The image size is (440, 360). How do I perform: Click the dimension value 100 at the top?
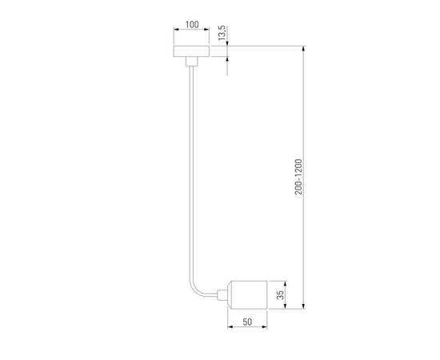pyautogui.click(x=191, y=25)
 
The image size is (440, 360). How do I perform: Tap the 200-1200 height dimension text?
pyautogui.click(x=298, y=177)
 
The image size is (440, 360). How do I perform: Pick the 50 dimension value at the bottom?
pyautogui.click(x=247, y=322)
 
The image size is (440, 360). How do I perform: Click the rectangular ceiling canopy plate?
pyautogui.click(x=191, y=50)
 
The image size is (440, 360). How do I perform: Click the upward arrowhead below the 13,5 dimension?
pyautogui.click(x=227, y=59)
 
